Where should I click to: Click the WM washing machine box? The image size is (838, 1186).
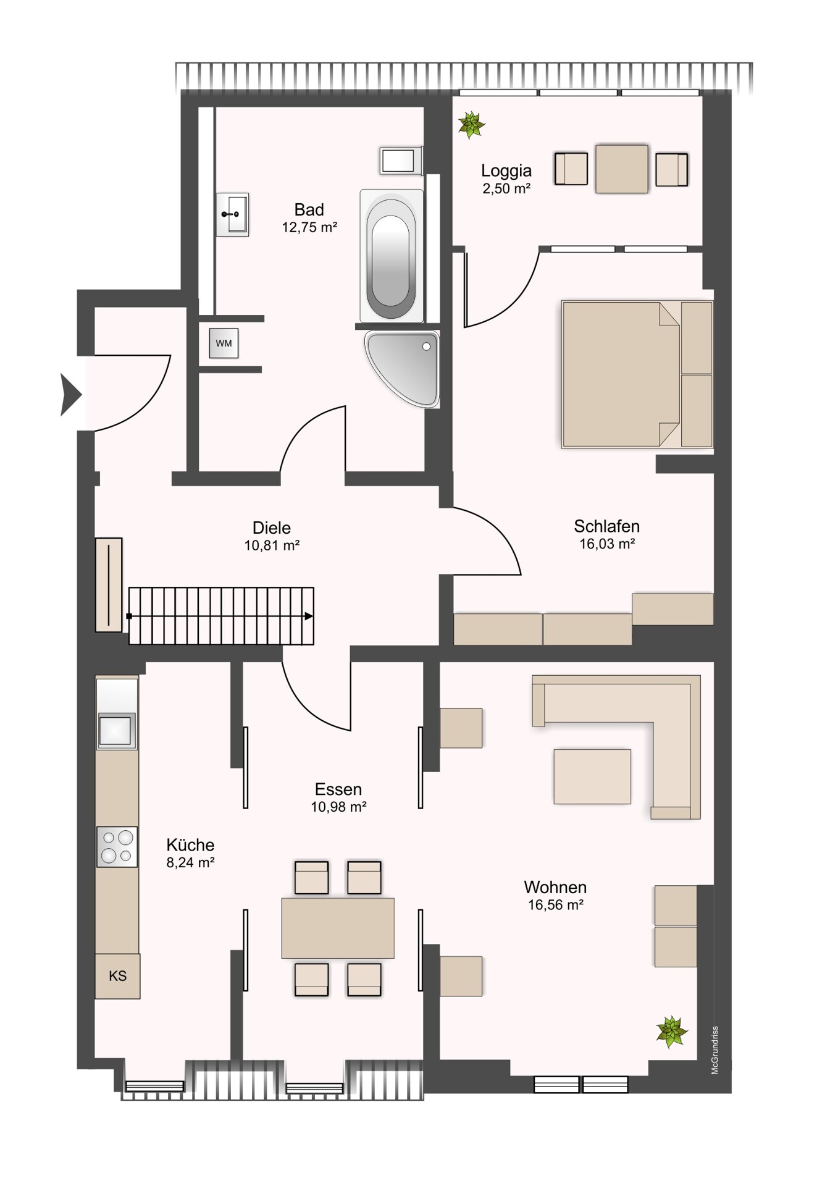[224, 343]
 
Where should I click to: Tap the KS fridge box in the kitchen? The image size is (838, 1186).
[117, 976]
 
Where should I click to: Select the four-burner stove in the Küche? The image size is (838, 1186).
[117, 846]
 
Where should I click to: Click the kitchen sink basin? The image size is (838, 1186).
[116, 731]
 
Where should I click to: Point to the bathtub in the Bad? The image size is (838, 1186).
[392, 256]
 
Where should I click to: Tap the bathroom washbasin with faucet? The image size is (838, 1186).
[232, 214]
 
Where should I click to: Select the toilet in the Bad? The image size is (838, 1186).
[401, 161]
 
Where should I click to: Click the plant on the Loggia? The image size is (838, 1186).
[472, 125]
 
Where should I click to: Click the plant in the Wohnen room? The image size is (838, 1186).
[671, 1032]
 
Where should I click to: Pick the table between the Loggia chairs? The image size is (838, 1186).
[622, 169]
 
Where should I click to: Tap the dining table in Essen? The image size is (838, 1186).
[338, 928]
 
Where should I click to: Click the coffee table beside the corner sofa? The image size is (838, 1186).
[592, 776]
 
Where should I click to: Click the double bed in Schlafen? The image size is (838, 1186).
[637, 374]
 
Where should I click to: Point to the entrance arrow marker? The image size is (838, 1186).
[71, 395]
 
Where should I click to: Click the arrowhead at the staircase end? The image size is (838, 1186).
[309, 616]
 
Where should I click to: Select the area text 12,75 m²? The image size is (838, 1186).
[309, 227]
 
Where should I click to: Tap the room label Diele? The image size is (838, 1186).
[272, 528]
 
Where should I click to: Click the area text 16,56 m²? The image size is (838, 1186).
[556, 905]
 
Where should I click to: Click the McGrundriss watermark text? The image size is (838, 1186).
[714, 1050]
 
